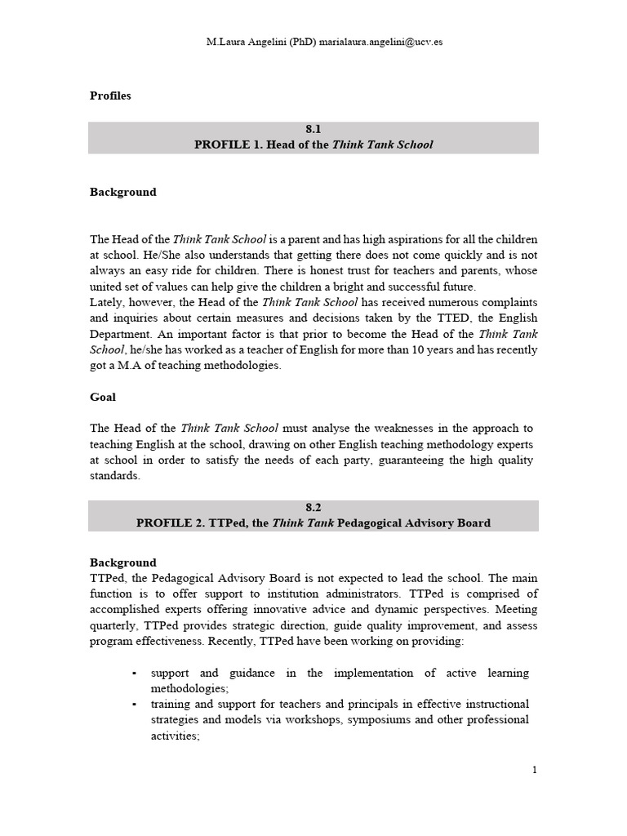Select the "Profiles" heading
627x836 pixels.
pos(110,96)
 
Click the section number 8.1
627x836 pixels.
pos(313,129)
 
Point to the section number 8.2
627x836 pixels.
pos(313,507)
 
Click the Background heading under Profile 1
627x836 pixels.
pos(122,192)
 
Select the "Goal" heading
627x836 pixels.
pos(103,397)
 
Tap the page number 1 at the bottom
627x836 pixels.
pos(534,770)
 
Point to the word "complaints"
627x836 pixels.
pos(509,302)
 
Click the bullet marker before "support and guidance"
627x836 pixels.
pos(134,674)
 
